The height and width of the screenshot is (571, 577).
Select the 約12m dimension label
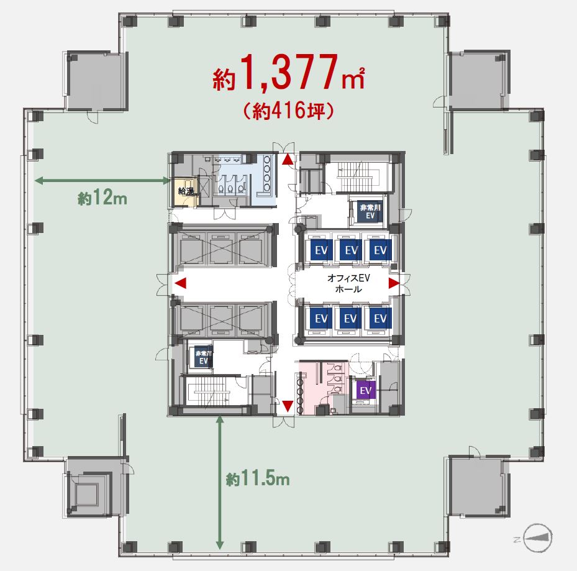click(102, 198)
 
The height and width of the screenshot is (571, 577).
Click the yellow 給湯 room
click(186, 191)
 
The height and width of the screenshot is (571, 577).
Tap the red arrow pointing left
click(179, 283)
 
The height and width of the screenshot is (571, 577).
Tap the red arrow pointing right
click(394, 283)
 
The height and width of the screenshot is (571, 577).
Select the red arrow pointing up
click(288, 160)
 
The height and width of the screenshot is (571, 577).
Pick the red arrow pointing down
click(288, 406)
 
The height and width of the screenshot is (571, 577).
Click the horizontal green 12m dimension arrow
click(102, 181)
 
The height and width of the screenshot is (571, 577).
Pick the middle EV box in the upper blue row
click(352, 250)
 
